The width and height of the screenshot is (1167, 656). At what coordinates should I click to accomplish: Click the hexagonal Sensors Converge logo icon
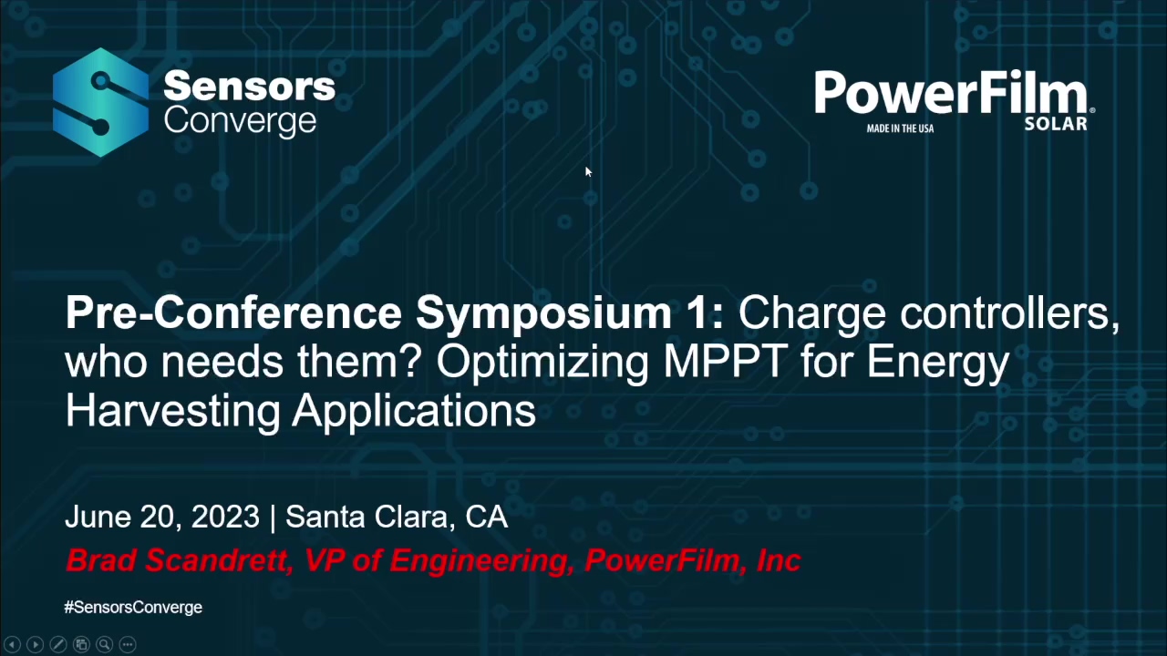coord(100,102)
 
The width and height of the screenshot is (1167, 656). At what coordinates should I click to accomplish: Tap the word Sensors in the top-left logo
coord(249,87)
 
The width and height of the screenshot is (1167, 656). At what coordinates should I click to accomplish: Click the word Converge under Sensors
coord(240,122)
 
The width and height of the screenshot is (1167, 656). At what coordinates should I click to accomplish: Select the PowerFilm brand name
coord(950,95)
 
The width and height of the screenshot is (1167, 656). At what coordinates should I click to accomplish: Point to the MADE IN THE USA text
coord(900,128)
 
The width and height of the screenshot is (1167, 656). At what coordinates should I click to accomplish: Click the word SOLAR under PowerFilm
coord(1056,124)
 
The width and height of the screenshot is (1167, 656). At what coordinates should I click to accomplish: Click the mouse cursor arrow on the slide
coord(588,171)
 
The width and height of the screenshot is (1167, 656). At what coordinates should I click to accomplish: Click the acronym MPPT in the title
coord(725,362)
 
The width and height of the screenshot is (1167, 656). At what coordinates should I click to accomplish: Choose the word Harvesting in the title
coord(172,410)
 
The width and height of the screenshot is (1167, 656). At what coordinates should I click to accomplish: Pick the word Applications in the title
coord(414,410)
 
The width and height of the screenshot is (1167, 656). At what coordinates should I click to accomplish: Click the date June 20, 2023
coord(162,517)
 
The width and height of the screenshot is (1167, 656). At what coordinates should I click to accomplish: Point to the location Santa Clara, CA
coord(397,517)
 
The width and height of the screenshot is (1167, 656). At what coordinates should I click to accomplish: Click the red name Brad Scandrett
coord(176,560)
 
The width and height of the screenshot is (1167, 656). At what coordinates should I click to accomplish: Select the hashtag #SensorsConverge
coord(133,607)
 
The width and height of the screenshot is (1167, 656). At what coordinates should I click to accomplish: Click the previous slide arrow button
coord(13,644)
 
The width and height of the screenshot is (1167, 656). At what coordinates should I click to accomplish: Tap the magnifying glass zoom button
coord(104,644)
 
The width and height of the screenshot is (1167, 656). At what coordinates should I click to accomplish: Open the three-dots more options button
coord(128,644)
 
